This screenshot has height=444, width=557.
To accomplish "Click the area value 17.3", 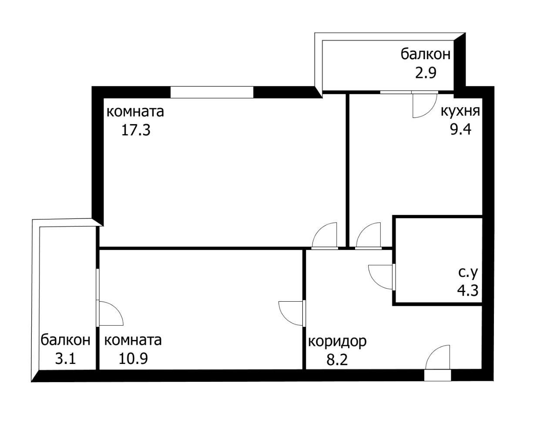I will coord(135,130).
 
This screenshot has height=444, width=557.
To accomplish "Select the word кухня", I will coord(460,111).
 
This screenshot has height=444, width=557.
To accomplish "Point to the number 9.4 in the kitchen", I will coord(460,130).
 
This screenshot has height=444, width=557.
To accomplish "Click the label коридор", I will coord(337,341).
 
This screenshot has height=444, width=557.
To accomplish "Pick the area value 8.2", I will coord(337,360).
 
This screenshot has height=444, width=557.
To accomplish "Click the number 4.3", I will coord(468,290).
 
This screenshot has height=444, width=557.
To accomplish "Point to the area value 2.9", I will coord(425,72).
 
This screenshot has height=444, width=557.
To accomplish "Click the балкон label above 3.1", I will coord(66,340).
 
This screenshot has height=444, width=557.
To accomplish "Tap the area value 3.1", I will coord(66,359).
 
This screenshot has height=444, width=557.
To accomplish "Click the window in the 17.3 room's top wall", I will coord(211,92).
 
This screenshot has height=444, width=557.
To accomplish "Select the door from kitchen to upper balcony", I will coord(424,105).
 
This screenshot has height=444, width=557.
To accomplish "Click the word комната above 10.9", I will coord(133,340).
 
